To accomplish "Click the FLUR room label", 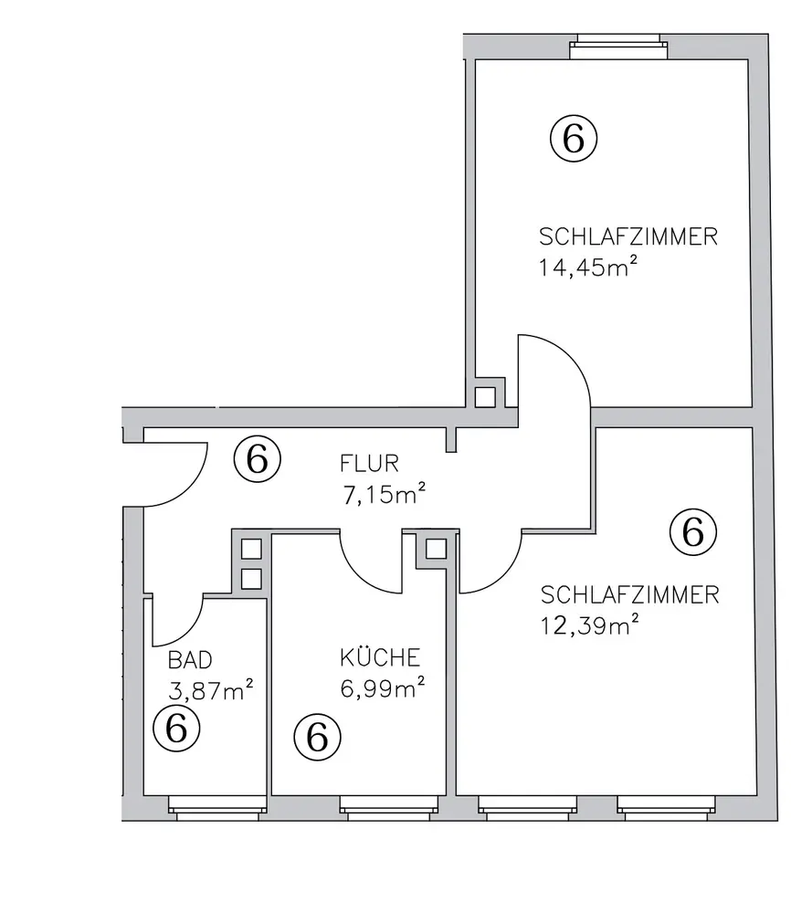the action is (369, 464).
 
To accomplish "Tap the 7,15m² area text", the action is (384, 494).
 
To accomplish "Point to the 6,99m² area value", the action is (382, 687).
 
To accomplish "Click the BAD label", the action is (190, 660).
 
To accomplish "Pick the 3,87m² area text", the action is (210, 690).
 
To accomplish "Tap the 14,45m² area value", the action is (587, 267).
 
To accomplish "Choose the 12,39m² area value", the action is (589, 625).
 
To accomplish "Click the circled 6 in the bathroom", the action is (176, 728).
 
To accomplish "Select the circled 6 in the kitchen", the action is (318, 737).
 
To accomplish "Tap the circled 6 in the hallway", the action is (258, 459).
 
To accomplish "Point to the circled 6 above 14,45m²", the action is (574, 139).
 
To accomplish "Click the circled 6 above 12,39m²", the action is (693, 532).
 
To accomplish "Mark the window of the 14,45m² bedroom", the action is (618, 47).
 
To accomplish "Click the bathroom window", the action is (217, 808).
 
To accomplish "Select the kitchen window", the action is (388, 808).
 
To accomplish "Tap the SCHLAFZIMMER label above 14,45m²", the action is (628, 236).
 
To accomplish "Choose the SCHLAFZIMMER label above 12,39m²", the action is (629, 594).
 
